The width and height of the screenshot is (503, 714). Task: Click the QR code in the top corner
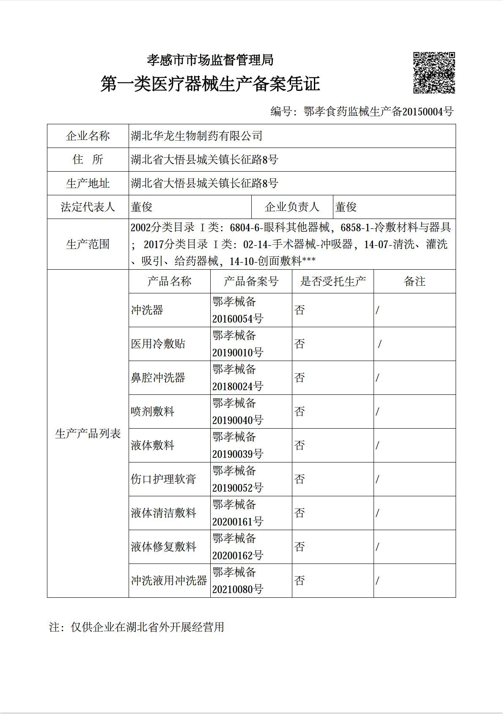tap(434, 72)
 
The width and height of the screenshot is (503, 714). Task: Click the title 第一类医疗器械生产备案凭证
tap(210, 84)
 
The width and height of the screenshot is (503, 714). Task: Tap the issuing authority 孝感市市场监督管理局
tap(210, 60)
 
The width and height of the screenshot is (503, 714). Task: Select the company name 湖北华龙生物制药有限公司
tap(197, 136)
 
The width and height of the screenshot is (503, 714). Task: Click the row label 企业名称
tap(88, 136)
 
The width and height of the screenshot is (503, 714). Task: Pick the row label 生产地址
tap(88, 183)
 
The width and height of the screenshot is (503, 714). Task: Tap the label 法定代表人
tap(88, 207)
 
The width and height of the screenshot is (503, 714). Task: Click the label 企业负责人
tap(292, 207)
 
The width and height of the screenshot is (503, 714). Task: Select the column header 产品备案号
tap(251, 281)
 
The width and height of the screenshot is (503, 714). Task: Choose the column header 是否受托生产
tap(333, 281)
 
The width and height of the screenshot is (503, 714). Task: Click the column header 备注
tap(414, 281)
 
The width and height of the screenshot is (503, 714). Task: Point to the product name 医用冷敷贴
tap(158, 344)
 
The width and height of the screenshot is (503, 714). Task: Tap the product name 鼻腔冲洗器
tap(158, 378)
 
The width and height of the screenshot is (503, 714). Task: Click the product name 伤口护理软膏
tap(163, 479)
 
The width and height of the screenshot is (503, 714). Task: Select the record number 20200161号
tap(237, 522)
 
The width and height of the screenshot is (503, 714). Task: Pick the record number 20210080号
tap(237, 589)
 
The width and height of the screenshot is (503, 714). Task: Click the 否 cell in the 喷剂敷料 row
tap(300, 411)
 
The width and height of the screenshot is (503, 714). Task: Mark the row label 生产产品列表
tap(88, 433)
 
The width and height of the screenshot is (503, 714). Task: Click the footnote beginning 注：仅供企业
tap(136, 627)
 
